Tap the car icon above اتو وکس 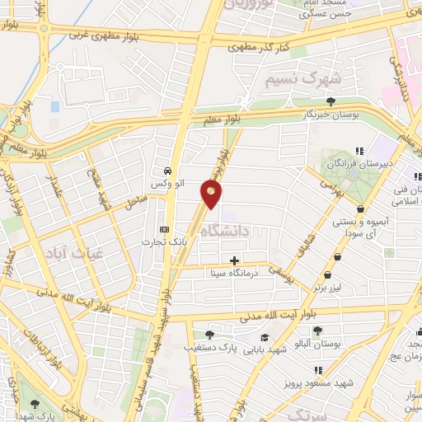(x=168, y=163)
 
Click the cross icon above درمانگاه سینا (x=235, y=260)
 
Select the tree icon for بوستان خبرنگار (x=331, y=102)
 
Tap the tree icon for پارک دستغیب (x=209, y=334)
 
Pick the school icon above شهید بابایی (x=265, y=337)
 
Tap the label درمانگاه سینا (x=254, y=272)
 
